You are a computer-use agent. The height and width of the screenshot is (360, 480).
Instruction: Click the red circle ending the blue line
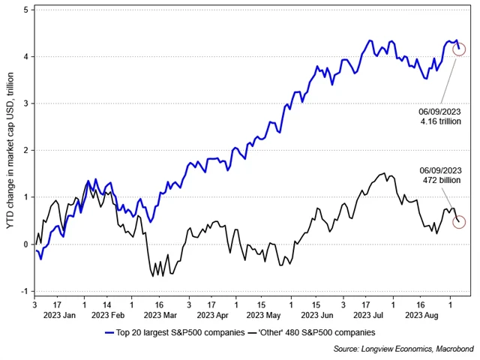coord(459,49)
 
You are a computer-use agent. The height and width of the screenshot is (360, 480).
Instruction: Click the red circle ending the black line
coord(459,222)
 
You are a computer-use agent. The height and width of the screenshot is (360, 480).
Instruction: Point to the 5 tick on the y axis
coord(26,10)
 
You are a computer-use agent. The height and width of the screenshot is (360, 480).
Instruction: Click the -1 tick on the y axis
coord(25,291)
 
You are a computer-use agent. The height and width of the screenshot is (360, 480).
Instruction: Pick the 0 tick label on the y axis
coord(26,244)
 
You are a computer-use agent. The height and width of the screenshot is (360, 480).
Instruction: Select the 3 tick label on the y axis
coord(26,104)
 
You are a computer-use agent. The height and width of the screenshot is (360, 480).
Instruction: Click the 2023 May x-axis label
coord(263,316)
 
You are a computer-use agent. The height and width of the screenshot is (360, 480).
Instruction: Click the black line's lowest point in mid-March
coord(152,277)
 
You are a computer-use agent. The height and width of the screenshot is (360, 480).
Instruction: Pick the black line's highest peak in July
coord(384,173)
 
